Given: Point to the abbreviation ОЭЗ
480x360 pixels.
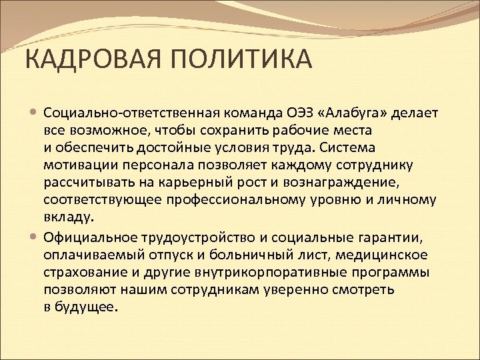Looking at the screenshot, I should [x=302, y=111].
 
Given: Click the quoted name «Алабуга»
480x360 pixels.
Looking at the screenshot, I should [x=354, y=111].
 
